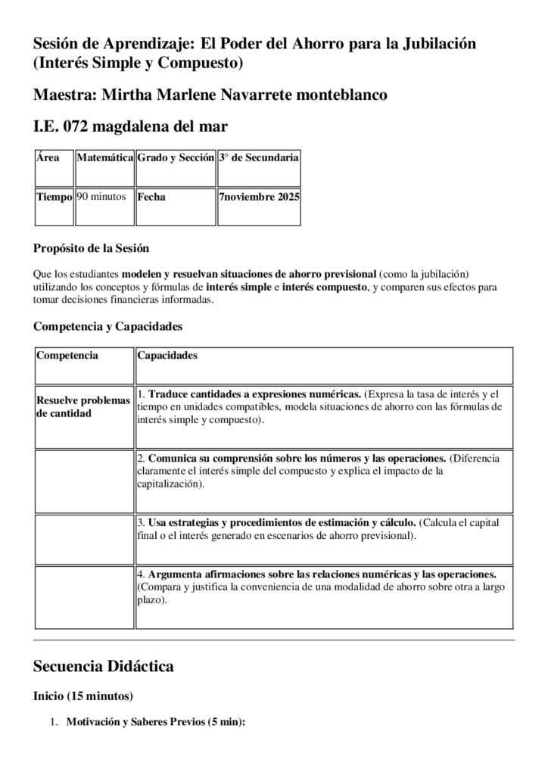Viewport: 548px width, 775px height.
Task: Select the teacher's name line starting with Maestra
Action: pyautogui.click(x=210, y=95)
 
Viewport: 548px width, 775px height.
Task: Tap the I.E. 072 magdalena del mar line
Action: pyautogui.click(x=130, y=126)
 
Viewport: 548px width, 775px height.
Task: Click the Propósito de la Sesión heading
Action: pyautogui.click(x=91, y=248)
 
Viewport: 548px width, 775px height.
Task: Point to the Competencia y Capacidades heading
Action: pyautogui.click(x=107, y=327)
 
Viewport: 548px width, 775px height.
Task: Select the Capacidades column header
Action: pyautogui.click(x=167, y=356)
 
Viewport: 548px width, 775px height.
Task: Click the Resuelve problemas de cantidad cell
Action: pyautogui.click(x=83, y=406)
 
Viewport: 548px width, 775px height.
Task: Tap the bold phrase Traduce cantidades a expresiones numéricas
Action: pyautogui.click(x=254, y=394)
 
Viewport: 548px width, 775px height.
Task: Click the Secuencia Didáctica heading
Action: pyautogui.click(x=104, y=667)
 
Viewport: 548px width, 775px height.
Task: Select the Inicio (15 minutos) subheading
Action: pyautogui.click(x=83, y=696)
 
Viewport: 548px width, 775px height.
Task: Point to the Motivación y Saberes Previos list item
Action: pyautogui.click(x=155, y=723)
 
